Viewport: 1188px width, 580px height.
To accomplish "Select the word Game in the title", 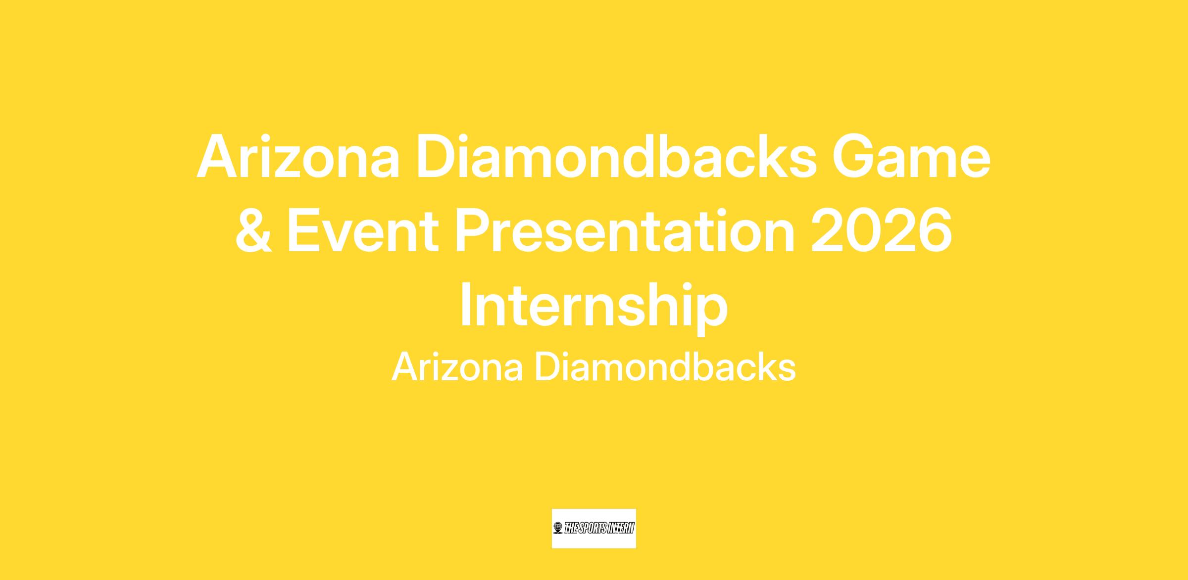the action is (912, 156).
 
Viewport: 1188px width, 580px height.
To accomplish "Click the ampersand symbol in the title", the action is (253, 231).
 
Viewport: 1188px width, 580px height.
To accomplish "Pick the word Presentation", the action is (625, 231).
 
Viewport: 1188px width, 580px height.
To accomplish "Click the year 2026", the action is (882, 231).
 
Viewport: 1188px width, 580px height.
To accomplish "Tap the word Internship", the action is (594, 307).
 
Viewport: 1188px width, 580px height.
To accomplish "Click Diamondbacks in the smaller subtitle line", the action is (665, 367).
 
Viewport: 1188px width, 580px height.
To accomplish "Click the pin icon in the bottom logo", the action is (558, 528).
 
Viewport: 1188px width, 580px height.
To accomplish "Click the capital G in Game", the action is (855, 156).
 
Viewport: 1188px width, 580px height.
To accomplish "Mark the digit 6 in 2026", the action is (935, 231).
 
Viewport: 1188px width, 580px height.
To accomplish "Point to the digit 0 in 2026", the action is (864, 231).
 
